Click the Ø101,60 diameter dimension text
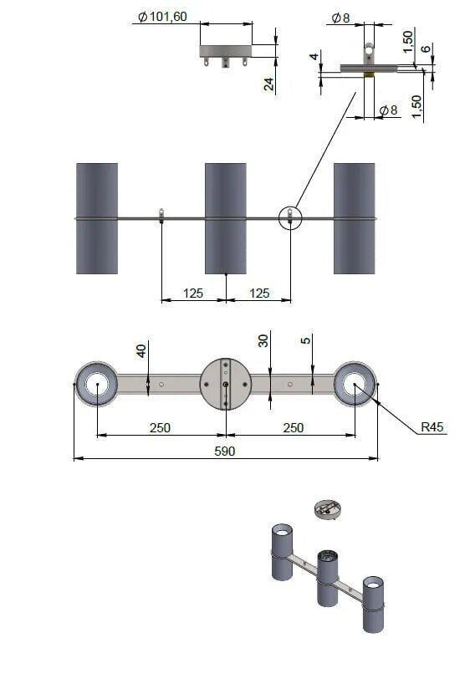pos(162,17)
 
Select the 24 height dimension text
pos(268,84)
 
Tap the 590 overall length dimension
pos(225,452)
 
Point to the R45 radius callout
pos(432,426)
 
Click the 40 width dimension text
pos(140,351)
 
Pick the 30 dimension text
pos(263,341)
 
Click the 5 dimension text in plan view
pos(305,340)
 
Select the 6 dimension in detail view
pos(426,48)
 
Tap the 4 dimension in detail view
pos(314,56)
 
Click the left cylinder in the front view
pos(97,218)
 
